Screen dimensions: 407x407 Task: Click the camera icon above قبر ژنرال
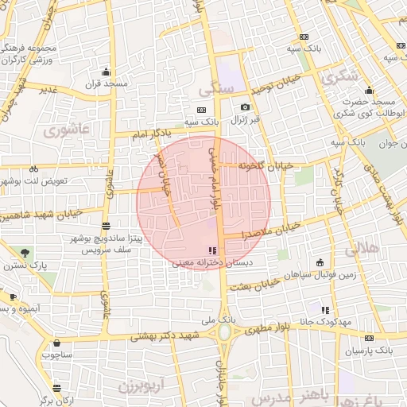pos(245,107)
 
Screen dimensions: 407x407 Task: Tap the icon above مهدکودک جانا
pos(324,309)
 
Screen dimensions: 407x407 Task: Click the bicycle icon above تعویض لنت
pos(33,169)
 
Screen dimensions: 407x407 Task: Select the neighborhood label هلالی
pos(365,250)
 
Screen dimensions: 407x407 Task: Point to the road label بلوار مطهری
pos(274,327)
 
